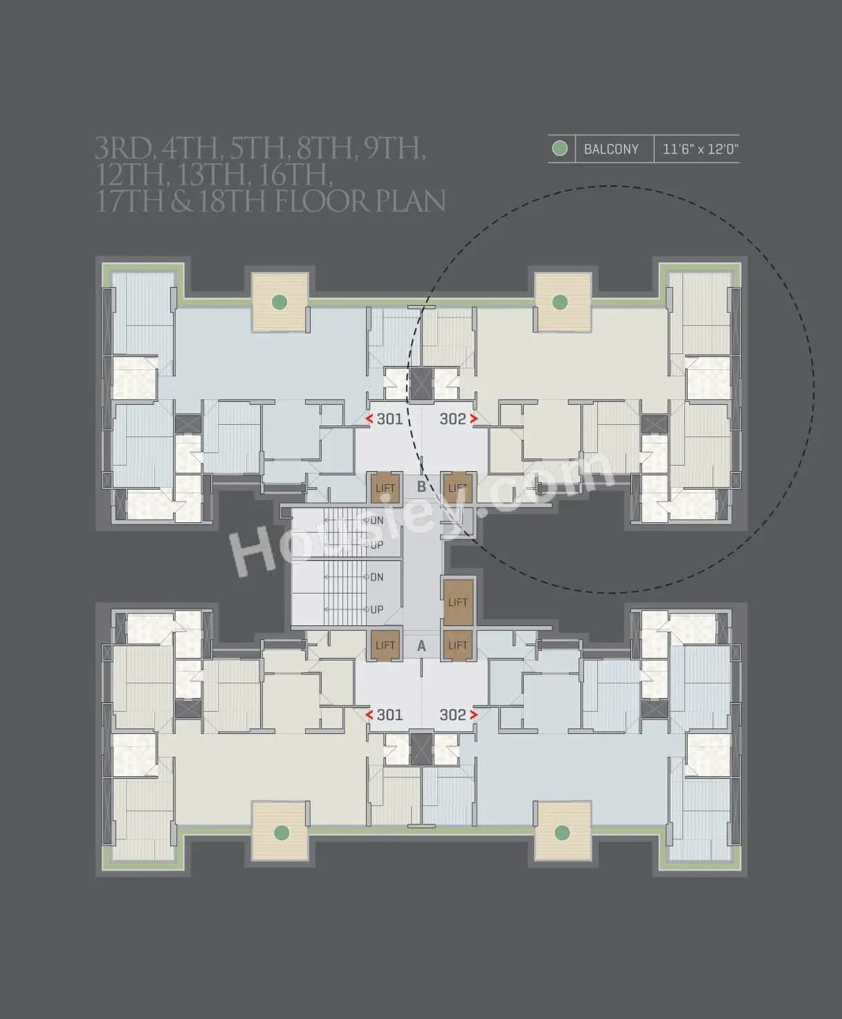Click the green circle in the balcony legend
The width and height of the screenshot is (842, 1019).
pyautogui.click(x=560, y=149)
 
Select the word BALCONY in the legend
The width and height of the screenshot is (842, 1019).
pyautogui.click(x=611, y=149)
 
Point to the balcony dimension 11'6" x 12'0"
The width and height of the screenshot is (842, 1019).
pyautogui.click(x=700, y=149)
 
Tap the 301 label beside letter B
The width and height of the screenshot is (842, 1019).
pyautogui.click(x=390, y=419)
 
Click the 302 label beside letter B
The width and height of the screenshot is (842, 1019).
pyautogui.click(x=453, y=419)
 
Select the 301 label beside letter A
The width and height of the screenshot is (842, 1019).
pyautogui.click(x=390, y=715)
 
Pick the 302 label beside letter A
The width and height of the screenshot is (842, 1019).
pyautogui.click(x=453, y=715)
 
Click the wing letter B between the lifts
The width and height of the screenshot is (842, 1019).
pyautogui.click(x=421, y=486)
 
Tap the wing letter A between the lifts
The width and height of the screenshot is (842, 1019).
pyautogui.click(x=421, y=645)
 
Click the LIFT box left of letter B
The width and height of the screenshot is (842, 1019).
pyautogui.click(x=385, y=487)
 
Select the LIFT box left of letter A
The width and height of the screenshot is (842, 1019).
pyautogui.click(x=385, y=645)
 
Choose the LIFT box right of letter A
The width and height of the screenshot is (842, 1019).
pyautogui.click(x=457, y=645)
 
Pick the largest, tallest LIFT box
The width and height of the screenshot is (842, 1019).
pyautogui.click(x=457, y=601)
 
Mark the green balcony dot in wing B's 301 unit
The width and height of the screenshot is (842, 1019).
pyautogui.click(x=279, y=302)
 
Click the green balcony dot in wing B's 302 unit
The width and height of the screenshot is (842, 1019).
pyautogui.click(x=560, y=302)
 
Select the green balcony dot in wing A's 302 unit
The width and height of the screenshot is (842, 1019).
pyautogui.click(x=562, y=832)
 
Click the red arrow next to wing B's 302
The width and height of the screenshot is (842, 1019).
pyautogui.click(x=474, y=419)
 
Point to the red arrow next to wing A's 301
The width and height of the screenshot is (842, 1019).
pyautogui.click(x=369, y=715)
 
